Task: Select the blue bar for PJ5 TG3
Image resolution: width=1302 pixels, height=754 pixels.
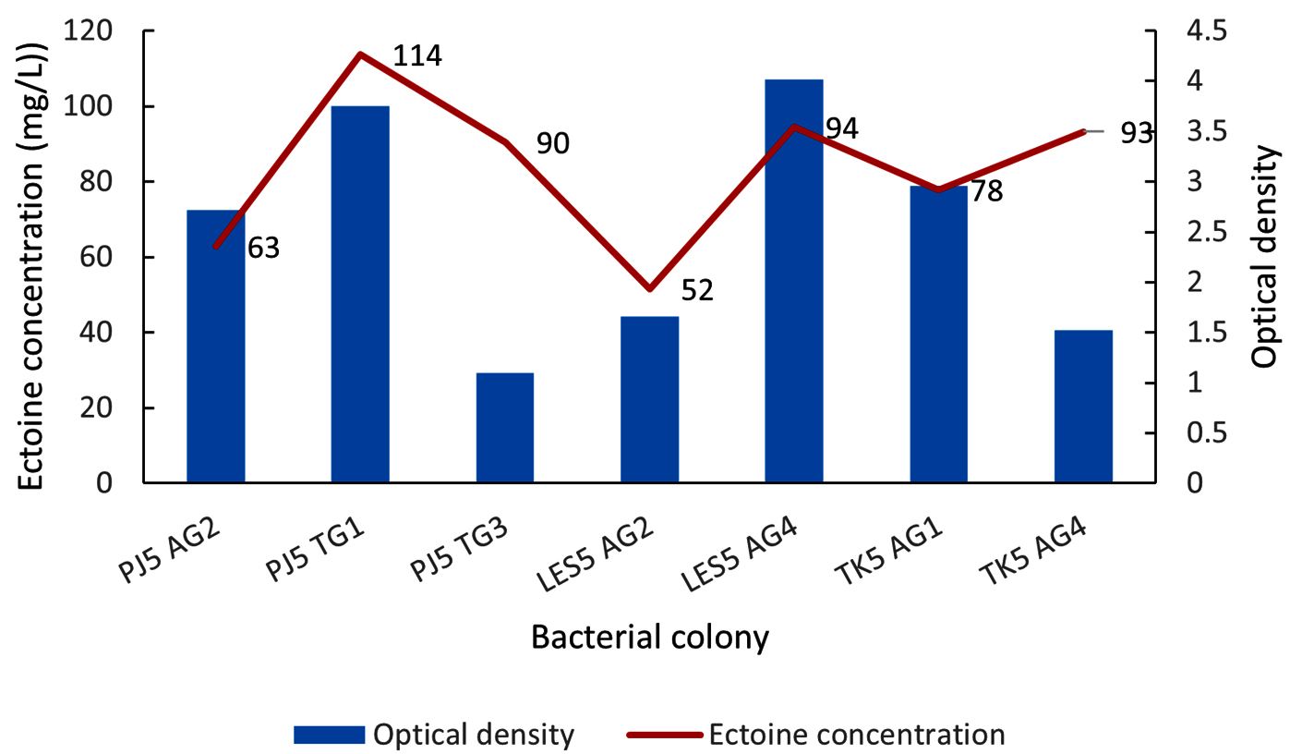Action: (505, 428)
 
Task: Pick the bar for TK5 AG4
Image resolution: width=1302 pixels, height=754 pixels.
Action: (1083, 407)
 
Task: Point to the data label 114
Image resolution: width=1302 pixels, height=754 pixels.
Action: (417, 56)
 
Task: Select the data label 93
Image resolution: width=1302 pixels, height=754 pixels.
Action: (1136, 133)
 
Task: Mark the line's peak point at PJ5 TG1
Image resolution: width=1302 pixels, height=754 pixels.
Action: (360, 55)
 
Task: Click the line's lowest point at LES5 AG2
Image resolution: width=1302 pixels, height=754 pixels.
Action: (649, 288)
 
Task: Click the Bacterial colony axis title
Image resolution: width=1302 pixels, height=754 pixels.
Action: (649, 638)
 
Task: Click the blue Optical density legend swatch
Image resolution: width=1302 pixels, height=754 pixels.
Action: (330, 736)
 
